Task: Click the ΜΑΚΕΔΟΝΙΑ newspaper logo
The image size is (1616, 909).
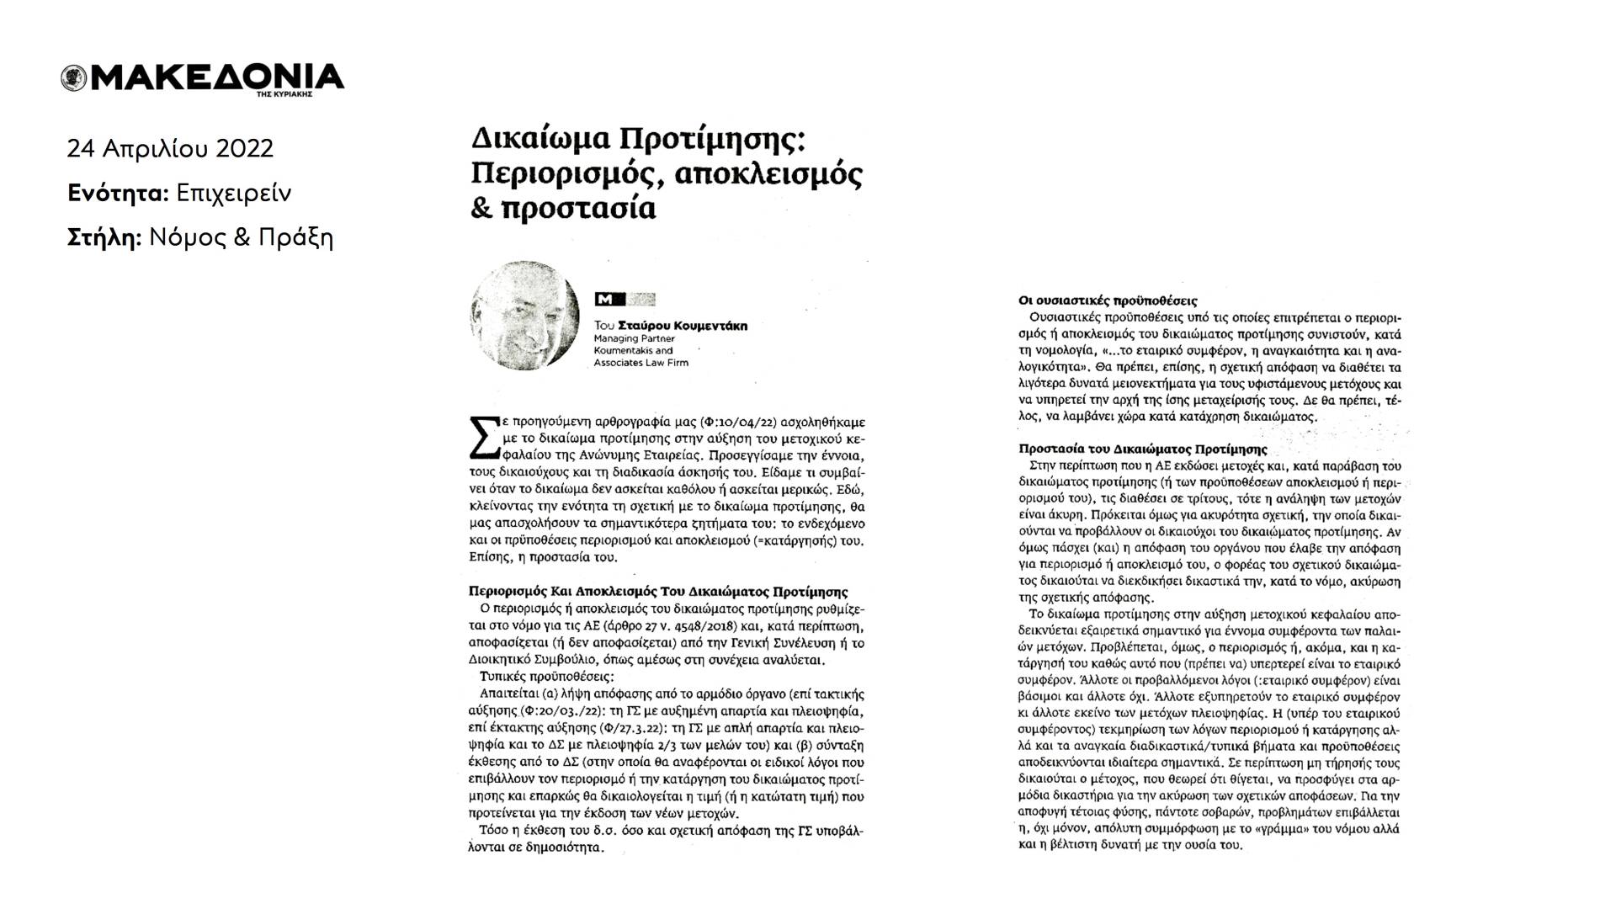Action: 215,77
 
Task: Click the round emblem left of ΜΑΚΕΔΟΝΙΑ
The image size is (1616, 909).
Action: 74,78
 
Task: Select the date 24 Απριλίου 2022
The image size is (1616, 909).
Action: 170,149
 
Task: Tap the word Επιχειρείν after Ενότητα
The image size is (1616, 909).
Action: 233,194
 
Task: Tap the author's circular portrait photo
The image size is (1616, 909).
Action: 525,315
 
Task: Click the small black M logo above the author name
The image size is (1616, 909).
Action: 604,299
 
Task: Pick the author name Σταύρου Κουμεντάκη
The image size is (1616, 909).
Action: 682,326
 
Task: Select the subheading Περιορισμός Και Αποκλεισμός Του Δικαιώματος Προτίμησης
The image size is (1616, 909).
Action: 657,592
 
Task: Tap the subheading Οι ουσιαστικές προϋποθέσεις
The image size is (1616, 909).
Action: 1107,300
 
